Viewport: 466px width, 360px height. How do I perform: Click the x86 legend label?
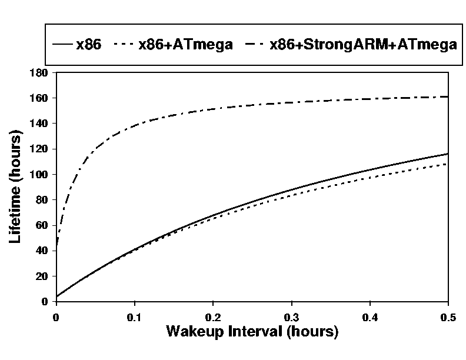pyautogui.click(x=88, y=45)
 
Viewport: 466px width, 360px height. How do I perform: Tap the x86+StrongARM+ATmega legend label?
pyautogui.click(x=363, y=45)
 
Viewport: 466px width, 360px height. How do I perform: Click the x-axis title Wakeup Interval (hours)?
pyautogui.click(x=252, y=331)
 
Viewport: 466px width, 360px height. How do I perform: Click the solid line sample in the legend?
pyautogui.click(x=62, y=45)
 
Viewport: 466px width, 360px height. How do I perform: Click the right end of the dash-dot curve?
pyautogui.click(x=448, y=96)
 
